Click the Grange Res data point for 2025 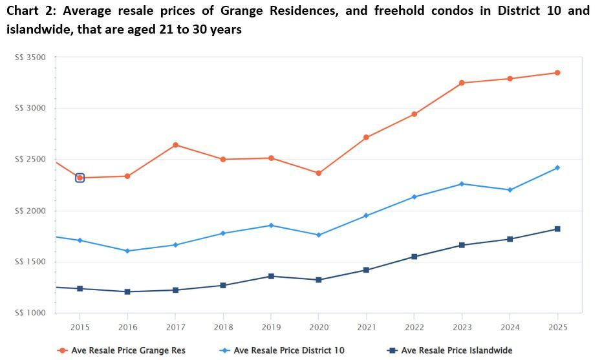tap(557, 73)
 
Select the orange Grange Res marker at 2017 tap(175, 145)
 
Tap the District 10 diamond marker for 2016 tap(127, 251)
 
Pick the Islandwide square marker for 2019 tap(271, 277)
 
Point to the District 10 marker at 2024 tap(510, 190)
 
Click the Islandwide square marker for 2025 tap(557, 229)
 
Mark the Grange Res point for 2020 tap(319, 173)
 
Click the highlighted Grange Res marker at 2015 tap(80, 178)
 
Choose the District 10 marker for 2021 tap(366, 216)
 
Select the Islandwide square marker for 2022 tap(414, 257)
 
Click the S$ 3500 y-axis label tap(30, 58)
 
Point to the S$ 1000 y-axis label tap(30, 313)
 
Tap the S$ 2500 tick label tap(30, 160)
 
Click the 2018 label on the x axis tap(223, 327)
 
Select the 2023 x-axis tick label tap(462, 327)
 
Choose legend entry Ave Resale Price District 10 tap(288, 350)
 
